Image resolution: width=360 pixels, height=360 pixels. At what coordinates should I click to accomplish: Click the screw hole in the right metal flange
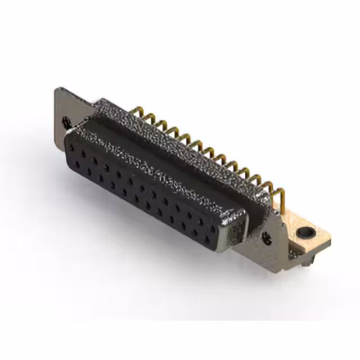pos(267,238)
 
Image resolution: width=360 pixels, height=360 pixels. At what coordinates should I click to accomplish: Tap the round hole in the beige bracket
pos(305,231)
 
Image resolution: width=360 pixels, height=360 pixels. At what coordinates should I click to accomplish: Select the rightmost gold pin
pos(280,195)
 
